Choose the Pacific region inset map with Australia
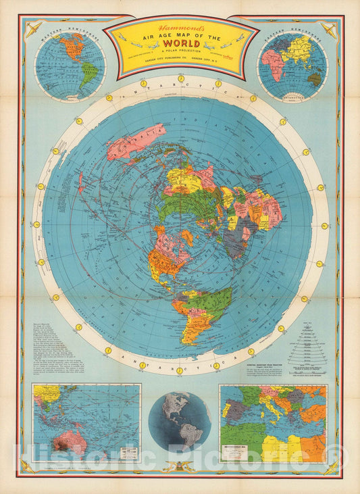tap(86, 423)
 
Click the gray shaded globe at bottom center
tap(180, 422)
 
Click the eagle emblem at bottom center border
tap(180, 466)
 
